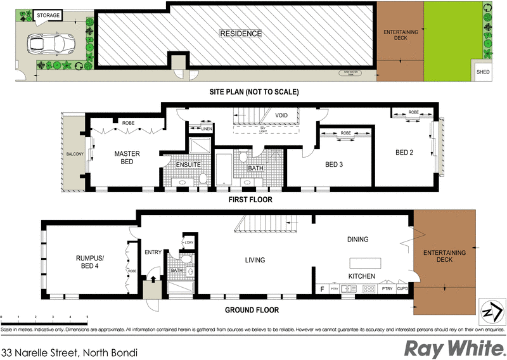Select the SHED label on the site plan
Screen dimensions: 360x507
[483, 72]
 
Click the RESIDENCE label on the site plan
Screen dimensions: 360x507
[240, 33]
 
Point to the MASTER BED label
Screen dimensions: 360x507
[127, 157]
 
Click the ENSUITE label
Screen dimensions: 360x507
[188, 165]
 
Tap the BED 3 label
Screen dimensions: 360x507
[334, 164]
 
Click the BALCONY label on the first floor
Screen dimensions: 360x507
[75, 154]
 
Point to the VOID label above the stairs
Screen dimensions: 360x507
[281, 115]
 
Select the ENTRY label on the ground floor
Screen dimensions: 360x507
[153, 252]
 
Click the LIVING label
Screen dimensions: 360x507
[255, 260]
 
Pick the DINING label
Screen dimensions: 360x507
[357, 239]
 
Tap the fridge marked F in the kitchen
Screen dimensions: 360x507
[323, 289]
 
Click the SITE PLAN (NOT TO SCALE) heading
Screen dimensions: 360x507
[254, 92]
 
